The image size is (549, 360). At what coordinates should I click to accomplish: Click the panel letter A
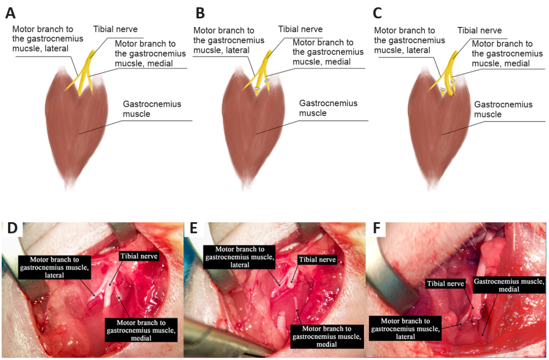point(10,12)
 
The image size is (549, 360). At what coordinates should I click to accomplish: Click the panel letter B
point(200,12)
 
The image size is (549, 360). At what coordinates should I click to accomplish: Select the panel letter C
point(378,12)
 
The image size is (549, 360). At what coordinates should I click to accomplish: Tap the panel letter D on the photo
point(12,229)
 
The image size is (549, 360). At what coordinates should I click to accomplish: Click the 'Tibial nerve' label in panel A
point(115,29)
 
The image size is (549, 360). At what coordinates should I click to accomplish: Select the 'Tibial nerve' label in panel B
point(300,29)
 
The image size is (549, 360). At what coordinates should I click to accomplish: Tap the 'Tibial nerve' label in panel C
point(479,31)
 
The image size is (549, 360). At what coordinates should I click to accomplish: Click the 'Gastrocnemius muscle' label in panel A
point(152,109)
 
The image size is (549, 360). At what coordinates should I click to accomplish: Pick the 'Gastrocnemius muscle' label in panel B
point(328,108)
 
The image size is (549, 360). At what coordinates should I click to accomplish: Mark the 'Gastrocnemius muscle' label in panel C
point(503,109)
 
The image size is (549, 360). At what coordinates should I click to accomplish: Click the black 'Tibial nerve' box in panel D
point(139,255)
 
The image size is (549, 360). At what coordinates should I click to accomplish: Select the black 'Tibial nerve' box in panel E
point(317,259)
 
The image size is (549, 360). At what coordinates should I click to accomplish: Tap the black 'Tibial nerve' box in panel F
point(446,284)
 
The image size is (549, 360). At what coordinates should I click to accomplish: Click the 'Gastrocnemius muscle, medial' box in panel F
point(509,285)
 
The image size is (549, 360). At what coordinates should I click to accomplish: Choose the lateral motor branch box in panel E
point(239,257)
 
